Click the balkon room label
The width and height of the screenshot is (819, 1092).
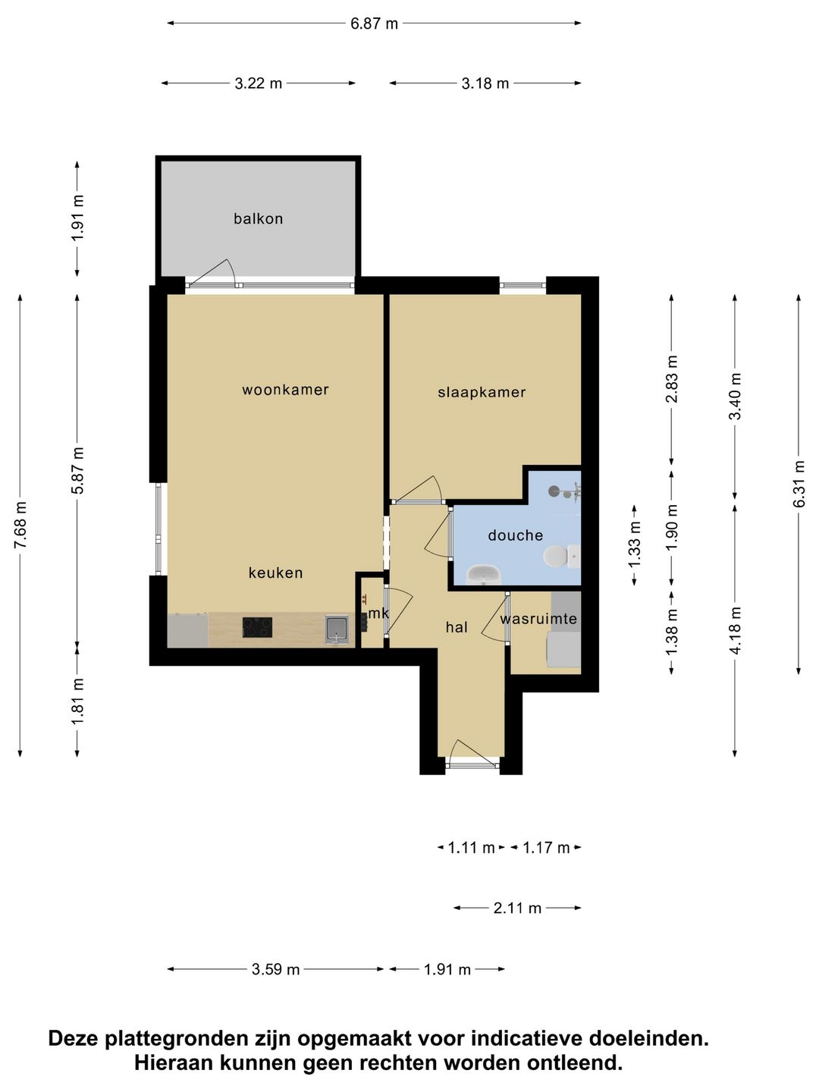coord(258,219)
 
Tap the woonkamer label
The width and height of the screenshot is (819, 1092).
coord(285,390)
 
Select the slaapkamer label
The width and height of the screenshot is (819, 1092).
coord(482,393)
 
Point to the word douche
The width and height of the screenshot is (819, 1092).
coord(515,535)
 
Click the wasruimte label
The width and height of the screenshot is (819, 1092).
coord(538,619)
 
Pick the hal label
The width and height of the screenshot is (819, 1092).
coord(457,627)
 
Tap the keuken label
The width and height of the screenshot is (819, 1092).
coord(275,573)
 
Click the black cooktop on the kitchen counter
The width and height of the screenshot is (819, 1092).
coord(257,627)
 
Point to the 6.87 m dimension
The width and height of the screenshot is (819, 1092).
coord(374,24)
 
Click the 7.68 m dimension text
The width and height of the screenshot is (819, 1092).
coord(20,525)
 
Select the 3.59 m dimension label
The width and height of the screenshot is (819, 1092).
coord(275,969)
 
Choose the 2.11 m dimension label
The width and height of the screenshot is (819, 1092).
coord(517,908)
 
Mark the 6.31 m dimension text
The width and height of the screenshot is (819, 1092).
coord(798,484)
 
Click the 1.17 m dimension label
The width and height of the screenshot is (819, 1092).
coord(546,847)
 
